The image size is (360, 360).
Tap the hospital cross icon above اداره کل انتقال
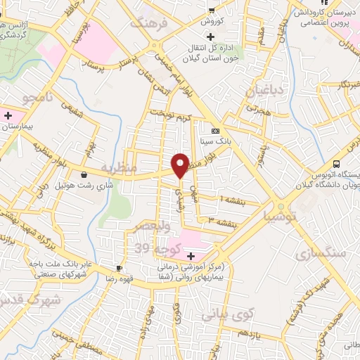[x=210, y=36]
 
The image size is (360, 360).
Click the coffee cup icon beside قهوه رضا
[x=119, y=269]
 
